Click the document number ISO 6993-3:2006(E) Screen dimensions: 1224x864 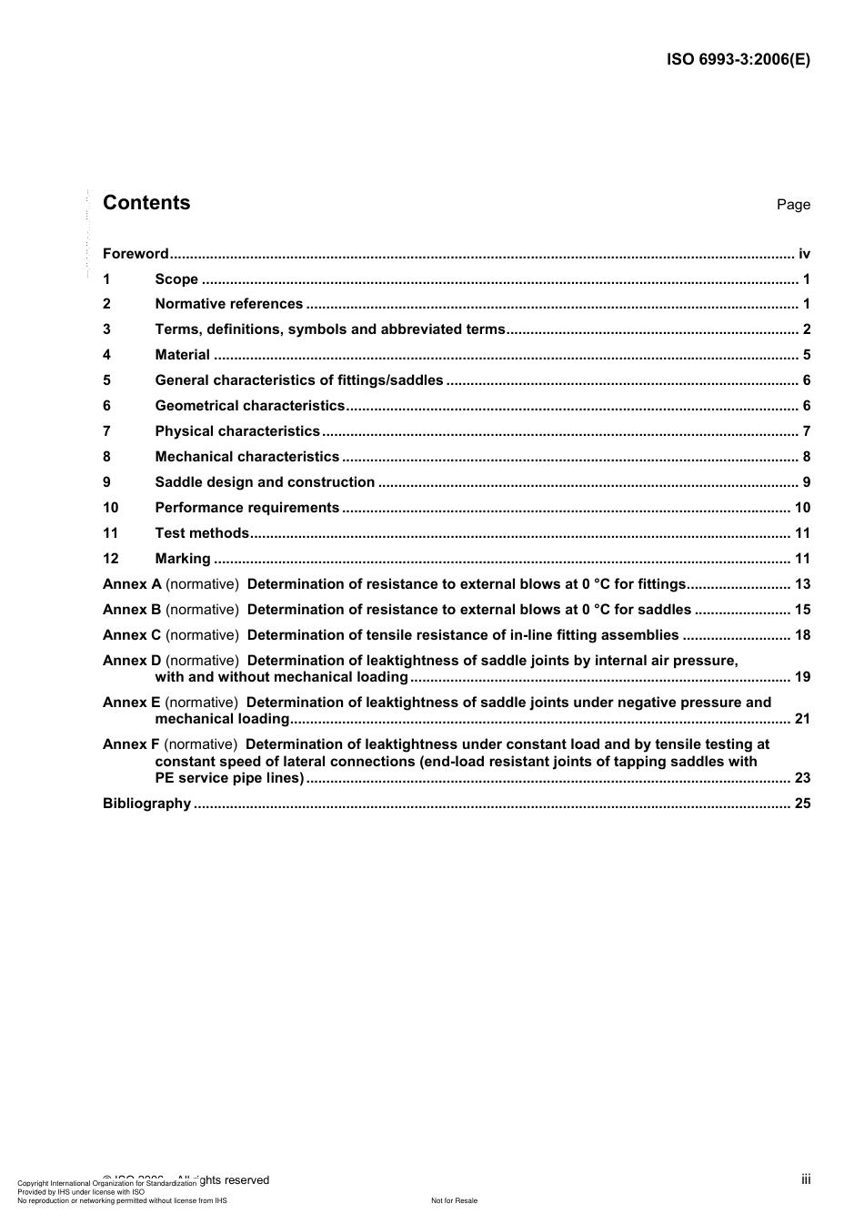tap(738, 60)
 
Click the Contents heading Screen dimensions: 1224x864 tap(146, 203)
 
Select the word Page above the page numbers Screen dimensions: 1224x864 tap(793, 205)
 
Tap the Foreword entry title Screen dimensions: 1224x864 tap(136, 254)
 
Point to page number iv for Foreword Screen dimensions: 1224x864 tap(804, 254)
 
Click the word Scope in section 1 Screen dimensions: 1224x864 tap(176, 279)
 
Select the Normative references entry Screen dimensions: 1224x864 tap(229, 304)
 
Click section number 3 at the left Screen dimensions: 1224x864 tap(106, 329)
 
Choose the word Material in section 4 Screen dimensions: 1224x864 tap(183, 355)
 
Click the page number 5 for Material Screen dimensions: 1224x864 tap(807, 355)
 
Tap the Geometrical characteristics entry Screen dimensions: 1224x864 tap(250, 406)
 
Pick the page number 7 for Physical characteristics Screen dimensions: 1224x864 tap(807, 431)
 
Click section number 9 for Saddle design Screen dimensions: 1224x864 tap(106, 482)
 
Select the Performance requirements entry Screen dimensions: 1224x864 tap(247, 508)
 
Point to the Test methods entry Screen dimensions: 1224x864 tap(202, 533)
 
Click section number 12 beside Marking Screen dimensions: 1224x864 tap(110, 559)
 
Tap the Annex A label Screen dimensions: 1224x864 tap(132, 584)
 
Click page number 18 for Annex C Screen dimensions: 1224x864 tap(802, 635)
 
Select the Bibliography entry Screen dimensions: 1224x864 tap(147, 804)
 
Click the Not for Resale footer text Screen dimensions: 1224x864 tap(454, 1201)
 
